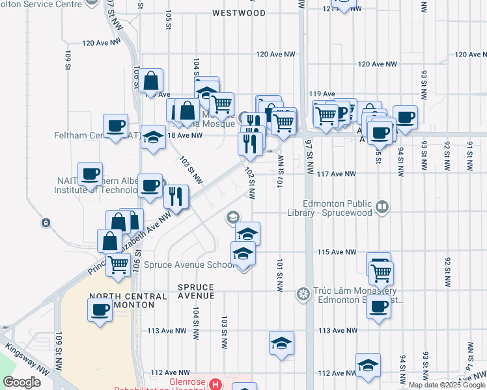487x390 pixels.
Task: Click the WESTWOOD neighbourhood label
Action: pyautogui.click(x=239, y=13)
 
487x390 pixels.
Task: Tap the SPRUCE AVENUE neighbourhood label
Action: pyautogui.click(x=196, y=291)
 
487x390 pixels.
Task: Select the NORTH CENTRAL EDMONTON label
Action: pyautogui.click(x=122, y=300)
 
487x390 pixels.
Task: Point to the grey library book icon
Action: pyautogui.click(x=382, y=207)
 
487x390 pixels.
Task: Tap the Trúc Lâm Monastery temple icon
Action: pyautogui.click(x=303, y=294)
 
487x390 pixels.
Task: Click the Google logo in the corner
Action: pyautogui.click(x=22, y=382)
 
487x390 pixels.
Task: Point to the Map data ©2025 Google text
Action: pyautogui.click(x=446, y=385)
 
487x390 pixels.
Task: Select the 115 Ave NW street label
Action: pyautogui.click(x=337, y=252)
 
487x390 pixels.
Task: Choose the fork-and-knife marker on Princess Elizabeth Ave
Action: pyautogui.click(x=176, y=196)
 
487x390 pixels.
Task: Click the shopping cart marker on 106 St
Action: pyautogui.click(x=118, y=264)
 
